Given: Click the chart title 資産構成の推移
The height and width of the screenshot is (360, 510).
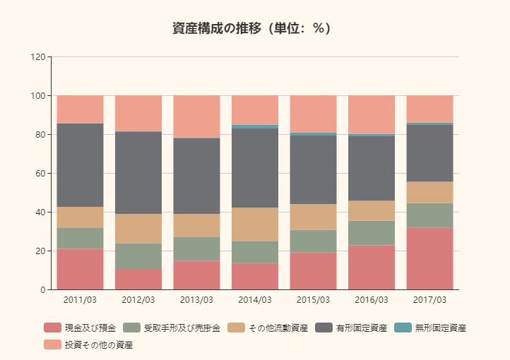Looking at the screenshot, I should (251, 28).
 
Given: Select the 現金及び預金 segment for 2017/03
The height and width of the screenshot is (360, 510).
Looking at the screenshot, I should (429, 258).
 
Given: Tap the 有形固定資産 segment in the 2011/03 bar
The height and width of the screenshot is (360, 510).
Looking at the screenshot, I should (80, 165).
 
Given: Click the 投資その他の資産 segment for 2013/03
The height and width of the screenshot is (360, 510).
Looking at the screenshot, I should (196, 116).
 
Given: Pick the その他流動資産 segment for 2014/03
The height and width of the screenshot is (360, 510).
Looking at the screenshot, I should (255, 224).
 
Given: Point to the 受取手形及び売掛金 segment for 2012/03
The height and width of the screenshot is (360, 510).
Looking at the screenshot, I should (138, 256).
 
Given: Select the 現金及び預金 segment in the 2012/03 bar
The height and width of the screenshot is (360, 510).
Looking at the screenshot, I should (138, 279).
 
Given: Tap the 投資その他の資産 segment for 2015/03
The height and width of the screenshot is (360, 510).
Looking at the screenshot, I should (313, 114).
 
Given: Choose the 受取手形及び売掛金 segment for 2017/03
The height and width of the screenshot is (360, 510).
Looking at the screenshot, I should (429, 215).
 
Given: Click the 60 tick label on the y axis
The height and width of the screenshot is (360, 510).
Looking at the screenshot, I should (40, 173).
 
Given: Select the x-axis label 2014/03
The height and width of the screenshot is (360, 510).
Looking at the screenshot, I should (255, 299).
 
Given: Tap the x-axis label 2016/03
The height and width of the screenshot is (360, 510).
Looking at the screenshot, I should (372, 299).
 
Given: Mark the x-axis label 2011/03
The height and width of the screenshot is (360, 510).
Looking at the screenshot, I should (80, 299).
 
